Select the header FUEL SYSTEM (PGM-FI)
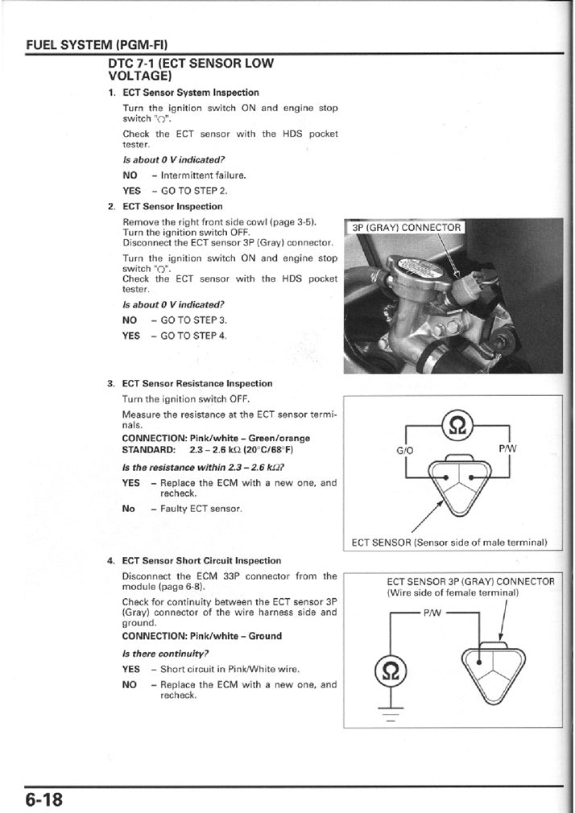tap(97, 44)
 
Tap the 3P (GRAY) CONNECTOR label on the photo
tap(407, 228)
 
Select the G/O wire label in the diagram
tap(405, 451)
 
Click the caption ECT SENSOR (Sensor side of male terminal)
tap(450, 542)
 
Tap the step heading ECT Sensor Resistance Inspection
tap(196, 383)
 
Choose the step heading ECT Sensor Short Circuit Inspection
tap(201, 560)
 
